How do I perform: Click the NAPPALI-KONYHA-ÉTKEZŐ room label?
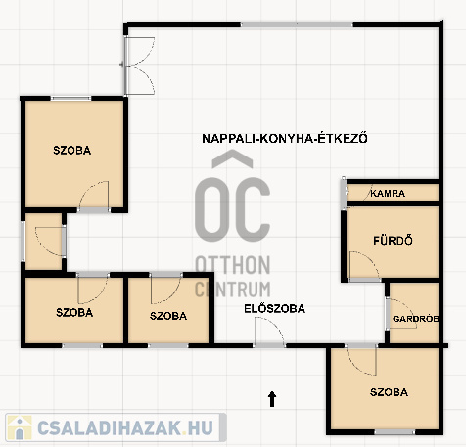point(285,138)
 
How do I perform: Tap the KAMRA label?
point(388,194)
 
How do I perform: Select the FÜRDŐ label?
point(393,241)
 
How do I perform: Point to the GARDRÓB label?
point(415,319)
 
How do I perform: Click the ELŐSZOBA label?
point(275,308)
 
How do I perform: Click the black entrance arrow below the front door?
point(272,399)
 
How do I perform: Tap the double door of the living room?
point(140,66)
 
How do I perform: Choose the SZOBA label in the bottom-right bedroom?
point(389,392)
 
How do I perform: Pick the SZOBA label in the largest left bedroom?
point(72,150)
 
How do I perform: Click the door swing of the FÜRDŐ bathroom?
point(364,265)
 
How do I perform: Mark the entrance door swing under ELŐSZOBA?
point(269,331)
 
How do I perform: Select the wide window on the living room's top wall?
point(297,24)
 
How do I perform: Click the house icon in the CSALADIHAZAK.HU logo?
point(20,427)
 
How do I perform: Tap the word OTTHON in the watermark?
point(233,265)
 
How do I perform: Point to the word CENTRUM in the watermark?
point(233,289)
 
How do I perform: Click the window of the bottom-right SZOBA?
point(395,432)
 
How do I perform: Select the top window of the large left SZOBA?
point(70,98)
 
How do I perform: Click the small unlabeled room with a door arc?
point(44,242)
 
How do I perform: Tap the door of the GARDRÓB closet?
point(400,313)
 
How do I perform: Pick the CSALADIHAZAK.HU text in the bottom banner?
point(125,427)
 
